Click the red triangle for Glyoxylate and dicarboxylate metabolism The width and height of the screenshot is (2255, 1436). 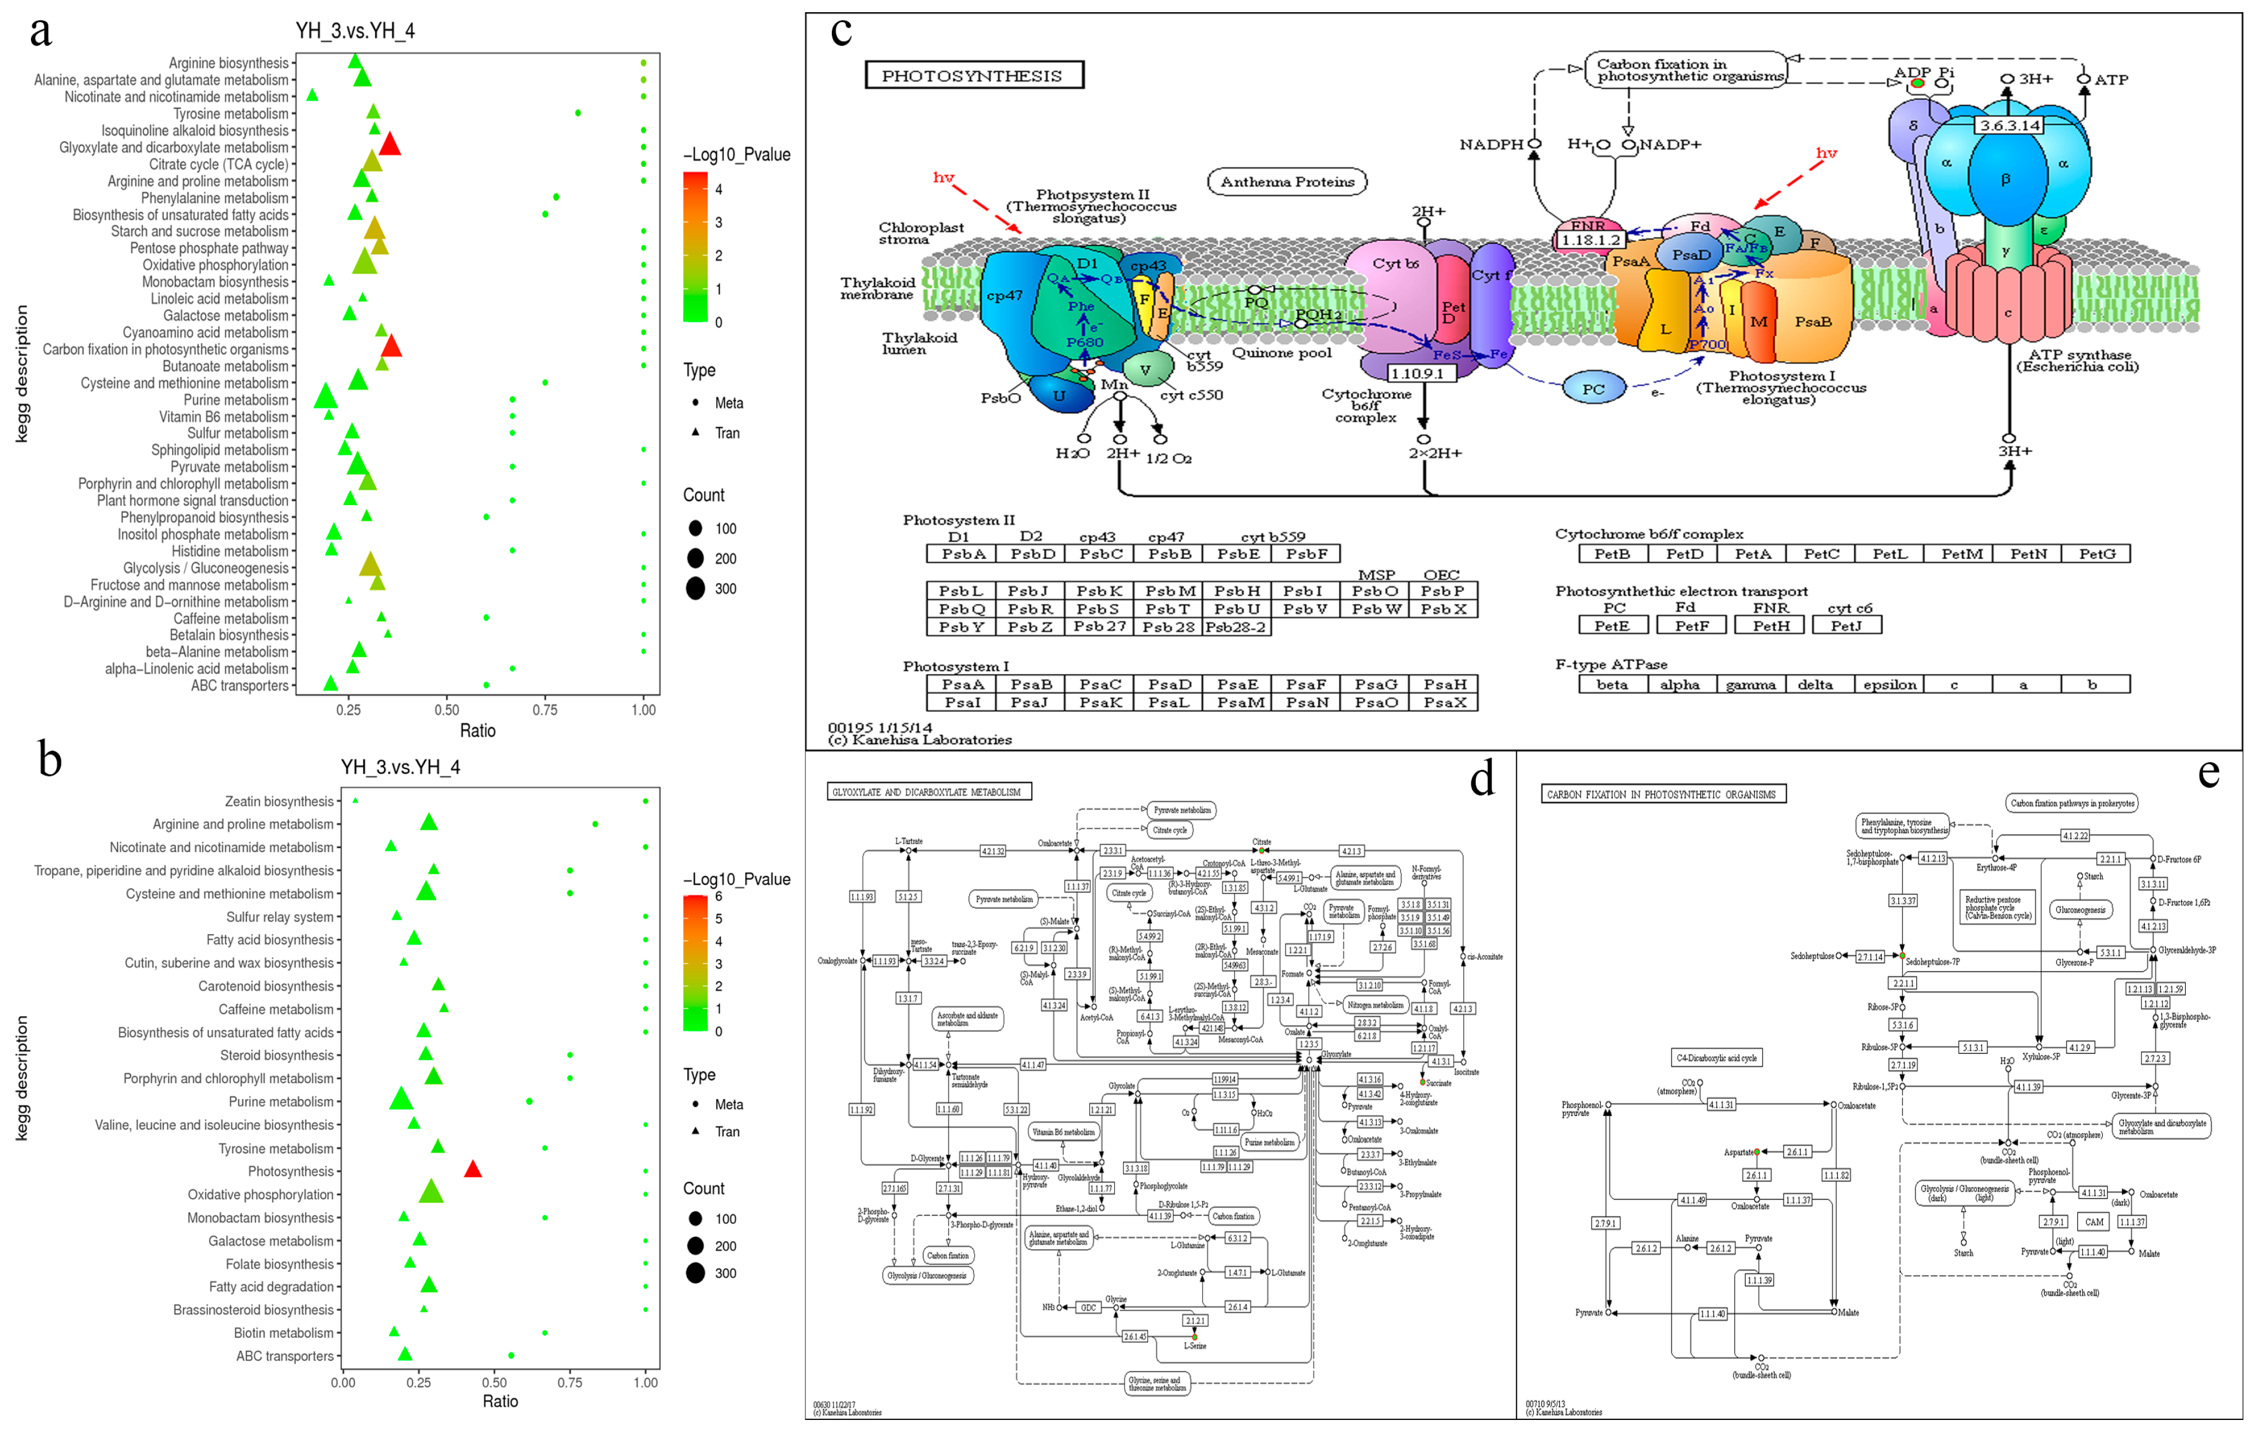click(390, 144)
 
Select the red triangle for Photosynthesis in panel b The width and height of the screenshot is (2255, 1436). click(473, 1169)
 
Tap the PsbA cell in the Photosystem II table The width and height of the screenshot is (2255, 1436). click(963, 554)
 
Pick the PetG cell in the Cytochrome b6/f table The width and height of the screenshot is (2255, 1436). click(2097, 554)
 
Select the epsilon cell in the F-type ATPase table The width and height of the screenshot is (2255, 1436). click(1889, 684)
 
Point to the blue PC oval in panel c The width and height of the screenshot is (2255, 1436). click(1593, 389)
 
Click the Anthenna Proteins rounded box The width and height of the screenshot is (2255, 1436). click(1287, 182)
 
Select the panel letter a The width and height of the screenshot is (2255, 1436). click(40, 31)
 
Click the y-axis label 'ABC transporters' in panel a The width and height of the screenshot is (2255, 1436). click(240, 686)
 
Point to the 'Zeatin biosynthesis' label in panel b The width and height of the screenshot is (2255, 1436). click(279, 802)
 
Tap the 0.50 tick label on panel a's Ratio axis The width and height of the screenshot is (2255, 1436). click(447, 710)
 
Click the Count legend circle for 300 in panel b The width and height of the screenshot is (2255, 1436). click(695, 1273)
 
